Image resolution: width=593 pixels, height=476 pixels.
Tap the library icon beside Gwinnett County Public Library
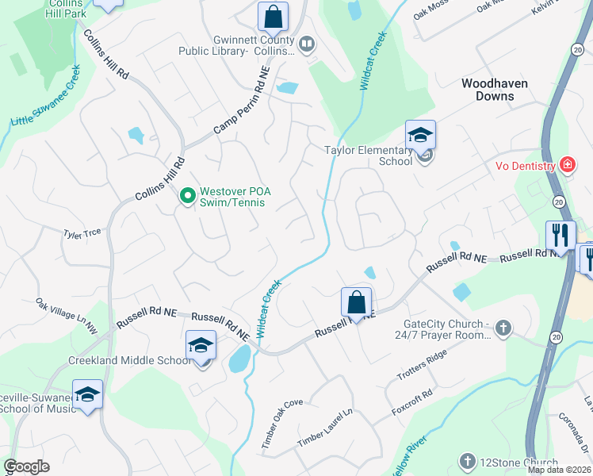[307, 43]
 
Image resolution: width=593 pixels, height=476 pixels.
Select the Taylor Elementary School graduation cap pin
[420, 135]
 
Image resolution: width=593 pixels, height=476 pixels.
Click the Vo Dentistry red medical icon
[567, 165]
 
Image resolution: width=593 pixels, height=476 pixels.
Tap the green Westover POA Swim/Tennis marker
[188, 194]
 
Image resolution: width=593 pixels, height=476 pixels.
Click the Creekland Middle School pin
[201, 346]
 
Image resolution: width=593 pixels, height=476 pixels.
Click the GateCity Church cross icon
[502, 327]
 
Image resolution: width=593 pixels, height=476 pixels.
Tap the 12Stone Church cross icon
[467, 461]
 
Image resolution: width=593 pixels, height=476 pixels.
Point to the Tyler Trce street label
[83, 234]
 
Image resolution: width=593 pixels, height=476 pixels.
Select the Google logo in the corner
[26, 466]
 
